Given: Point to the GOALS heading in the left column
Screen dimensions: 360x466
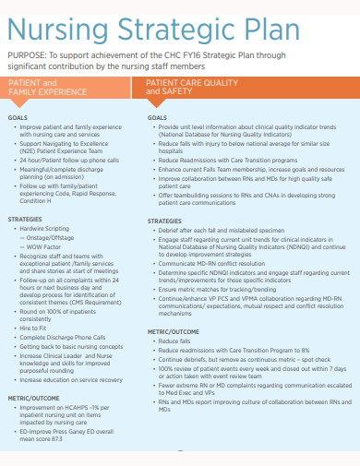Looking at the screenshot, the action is (18, 118).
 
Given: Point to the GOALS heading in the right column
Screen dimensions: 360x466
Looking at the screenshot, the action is (157, 118).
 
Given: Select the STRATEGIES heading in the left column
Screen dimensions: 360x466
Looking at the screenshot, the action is (25, 219).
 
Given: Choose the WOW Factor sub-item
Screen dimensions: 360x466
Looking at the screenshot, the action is (42, 246).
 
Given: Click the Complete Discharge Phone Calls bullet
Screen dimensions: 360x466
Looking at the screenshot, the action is (62, 337).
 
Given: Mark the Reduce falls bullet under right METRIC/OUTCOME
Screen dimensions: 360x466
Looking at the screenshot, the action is (171, 341).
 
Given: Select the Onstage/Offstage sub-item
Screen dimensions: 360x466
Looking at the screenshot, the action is (50, 237).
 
